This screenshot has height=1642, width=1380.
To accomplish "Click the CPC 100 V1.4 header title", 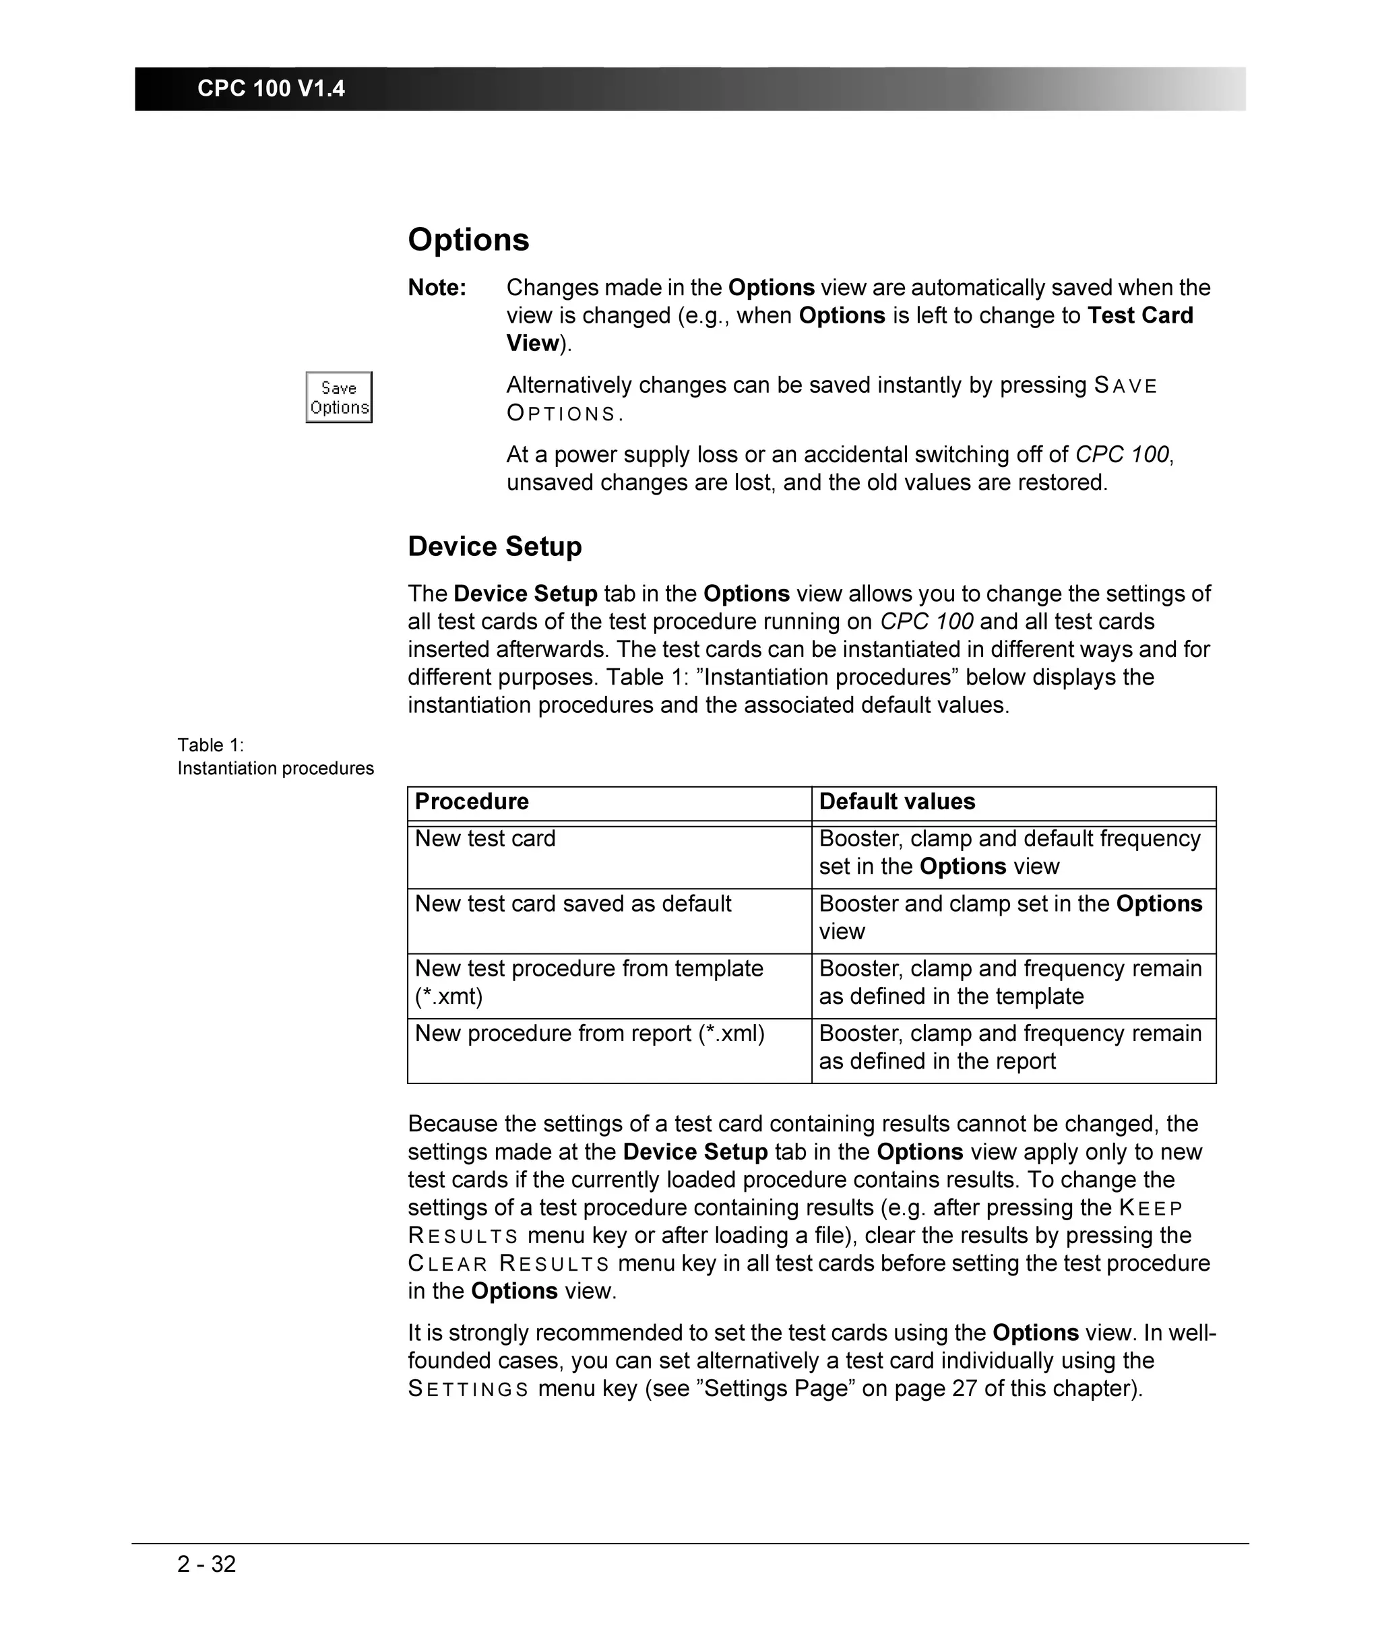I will [x=271, y=88].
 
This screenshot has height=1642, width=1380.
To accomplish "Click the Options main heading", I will [x=468, y=239].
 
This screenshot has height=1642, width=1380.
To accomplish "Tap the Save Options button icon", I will [x=339, y=398].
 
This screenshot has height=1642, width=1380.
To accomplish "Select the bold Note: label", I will [x=437, y=288].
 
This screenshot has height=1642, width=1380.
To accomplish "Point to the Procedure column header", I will [x=471, y=802].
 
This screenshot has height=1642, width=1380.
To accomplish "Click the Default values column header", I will [x=897, y=802].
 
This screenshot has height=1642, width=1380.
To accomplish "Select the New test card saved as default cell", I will [x=573, y=904].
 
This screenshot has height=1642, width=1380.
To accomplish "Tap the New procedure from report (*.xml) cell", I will [x=589, y=1034].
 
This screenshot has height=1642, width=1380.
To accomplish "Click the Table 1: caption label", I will [x=210, y=745].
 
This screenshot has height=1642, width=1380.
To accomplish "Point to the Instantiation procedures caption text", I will [x=276, y=768].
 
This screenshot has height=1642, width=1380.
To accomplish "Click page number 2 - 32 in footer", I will [x=207, y=1564].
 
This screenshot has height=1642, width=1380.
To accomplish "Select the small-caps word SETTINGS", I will [x=468, y=1389].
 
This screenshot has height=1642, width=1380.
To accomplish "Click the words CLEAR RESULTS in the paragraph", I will [x=509, y=1263].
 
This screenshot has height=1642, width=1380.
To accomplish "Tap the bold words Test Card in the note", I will [x=1140, y=315].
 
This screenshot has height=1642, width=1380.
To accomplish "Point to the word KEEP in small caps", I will [x=1150, y=1208].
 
